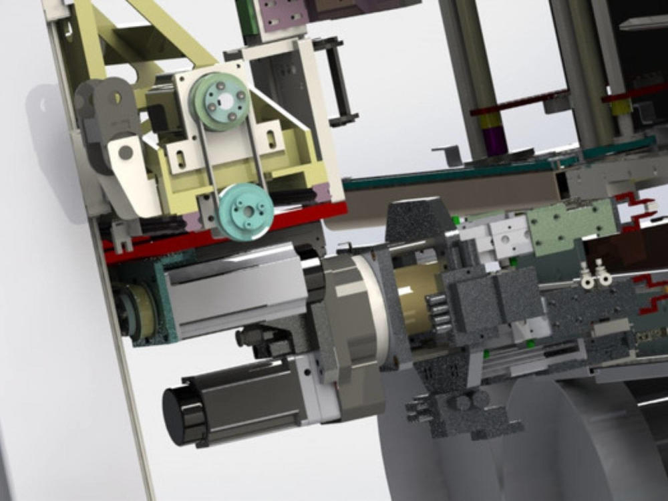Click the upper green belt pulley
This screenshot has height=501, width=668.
pyautogui.click(x=220, y=100)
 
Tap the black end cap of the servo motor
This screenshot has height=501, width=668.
pyautogui.click(x=177, y=414)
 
